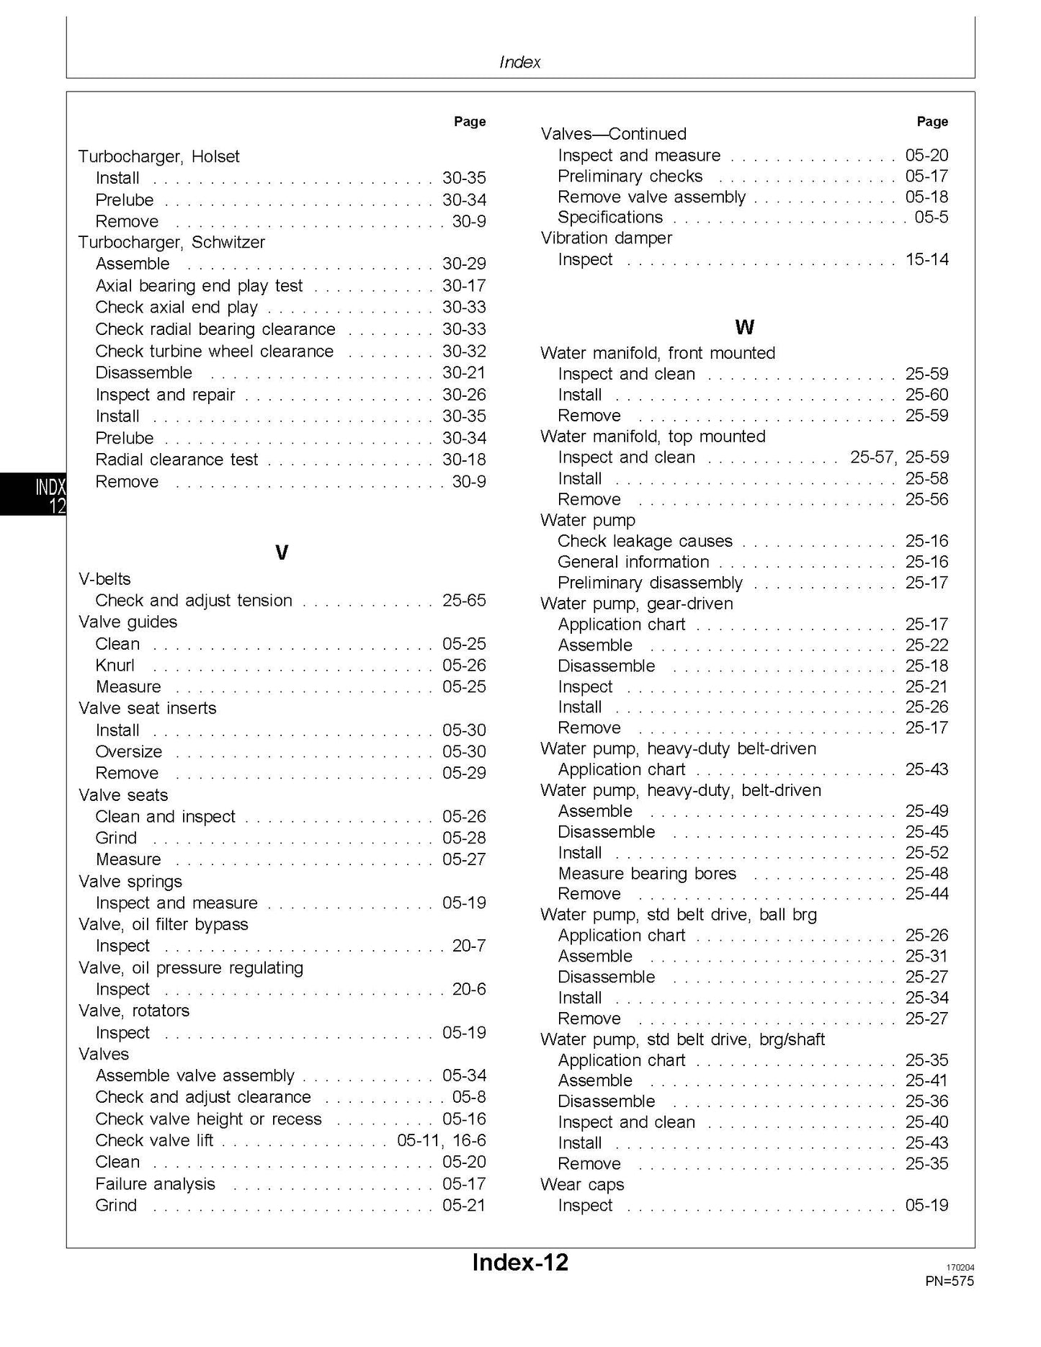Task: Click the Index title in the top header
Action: click(519, 62)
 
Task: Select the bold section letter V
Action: click(282, 552)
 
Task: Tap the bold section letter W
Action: click(744, 327)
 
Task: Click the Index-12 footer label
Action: click(520, 1261)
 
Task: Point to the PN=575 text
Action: click(949, 1281)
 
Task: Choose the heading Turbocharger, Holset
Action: click(158, 156)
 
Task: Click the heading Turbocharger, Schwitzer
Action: click(171, 242)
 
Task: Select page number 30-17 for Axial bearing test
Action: click(464, 286)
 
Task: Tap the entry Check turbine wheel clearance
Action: click(215, 352)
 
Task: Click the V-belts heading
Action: click(104, 578)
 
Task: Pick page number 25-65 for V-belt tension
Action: click(464, 600)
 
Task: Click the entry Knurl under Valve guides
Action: click(115, 665)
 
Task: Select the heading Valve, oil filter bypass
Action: click(163, 924)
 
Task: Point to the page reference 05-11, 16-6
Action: click(441, 1140)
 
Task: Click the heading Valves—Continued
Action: click(613, 134)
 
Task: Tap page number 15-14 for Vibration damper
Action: click(926, 259)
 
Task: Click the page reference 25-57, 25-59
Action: click(899, 457)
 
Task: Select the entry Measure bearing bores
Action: click(647, 873)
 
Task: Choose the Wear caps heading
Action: click(582, 1184)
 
